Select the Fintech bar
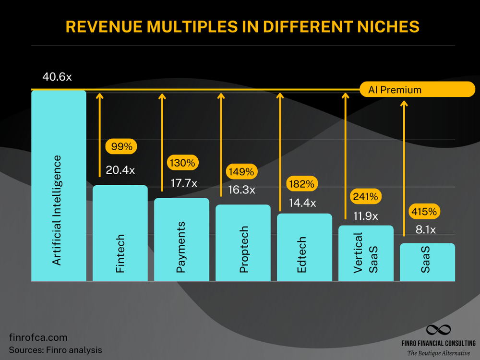point(120,233)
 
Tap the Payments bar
point(181,240)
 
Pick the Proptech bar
point(243,243)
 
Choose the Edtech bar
point(304,247)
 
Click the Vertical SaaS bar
point(366,253)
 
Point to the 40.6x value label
point(57,77)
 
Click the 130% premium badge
point(182,163)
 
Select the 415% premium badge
point(424,211)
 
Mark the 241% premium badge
point(366,196)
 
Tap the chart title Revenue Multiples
point(242,27)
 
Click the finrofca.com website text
point(38,337)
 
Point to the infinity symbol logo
point(439,330)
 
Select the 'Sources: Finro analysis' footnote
point(56,349)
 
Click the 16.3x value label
point(241,190)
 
